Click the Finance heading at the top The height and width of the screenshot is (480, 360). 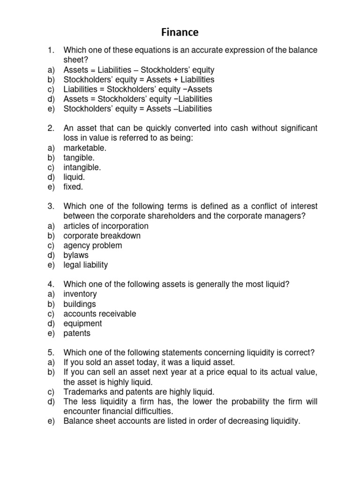180,32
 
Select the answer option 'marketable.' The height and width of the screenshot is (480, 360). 85,148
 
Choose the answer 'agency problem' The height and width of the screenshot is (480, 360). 93,246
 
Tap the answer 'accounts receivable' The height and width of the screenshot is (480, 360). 100,314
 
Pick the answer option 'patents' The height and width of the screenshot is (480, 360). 77,334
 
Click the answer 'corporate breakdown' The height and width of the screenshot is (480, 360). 102,236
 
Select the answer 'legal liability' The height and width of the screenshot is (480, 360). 86,265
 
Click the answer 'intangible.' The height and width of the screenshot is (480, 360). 82,167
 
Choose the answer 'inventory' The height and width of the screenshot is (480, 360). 80,294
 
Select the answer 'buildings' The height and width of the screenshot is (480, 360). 80,304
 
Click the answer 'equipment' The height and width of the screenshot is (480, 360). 82,324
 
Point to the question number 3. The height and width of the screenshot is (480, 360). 50,207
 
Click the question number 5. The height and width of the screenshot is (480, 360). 50,353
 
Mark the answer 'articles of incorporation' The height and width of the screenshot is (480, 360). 106,226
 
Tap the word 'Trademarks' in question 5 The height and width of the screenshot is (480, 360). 84,392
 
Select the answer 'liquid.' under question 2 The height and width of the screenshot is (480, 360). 75,177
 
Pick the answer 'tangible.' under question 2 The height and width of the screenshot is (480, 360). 79,158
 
